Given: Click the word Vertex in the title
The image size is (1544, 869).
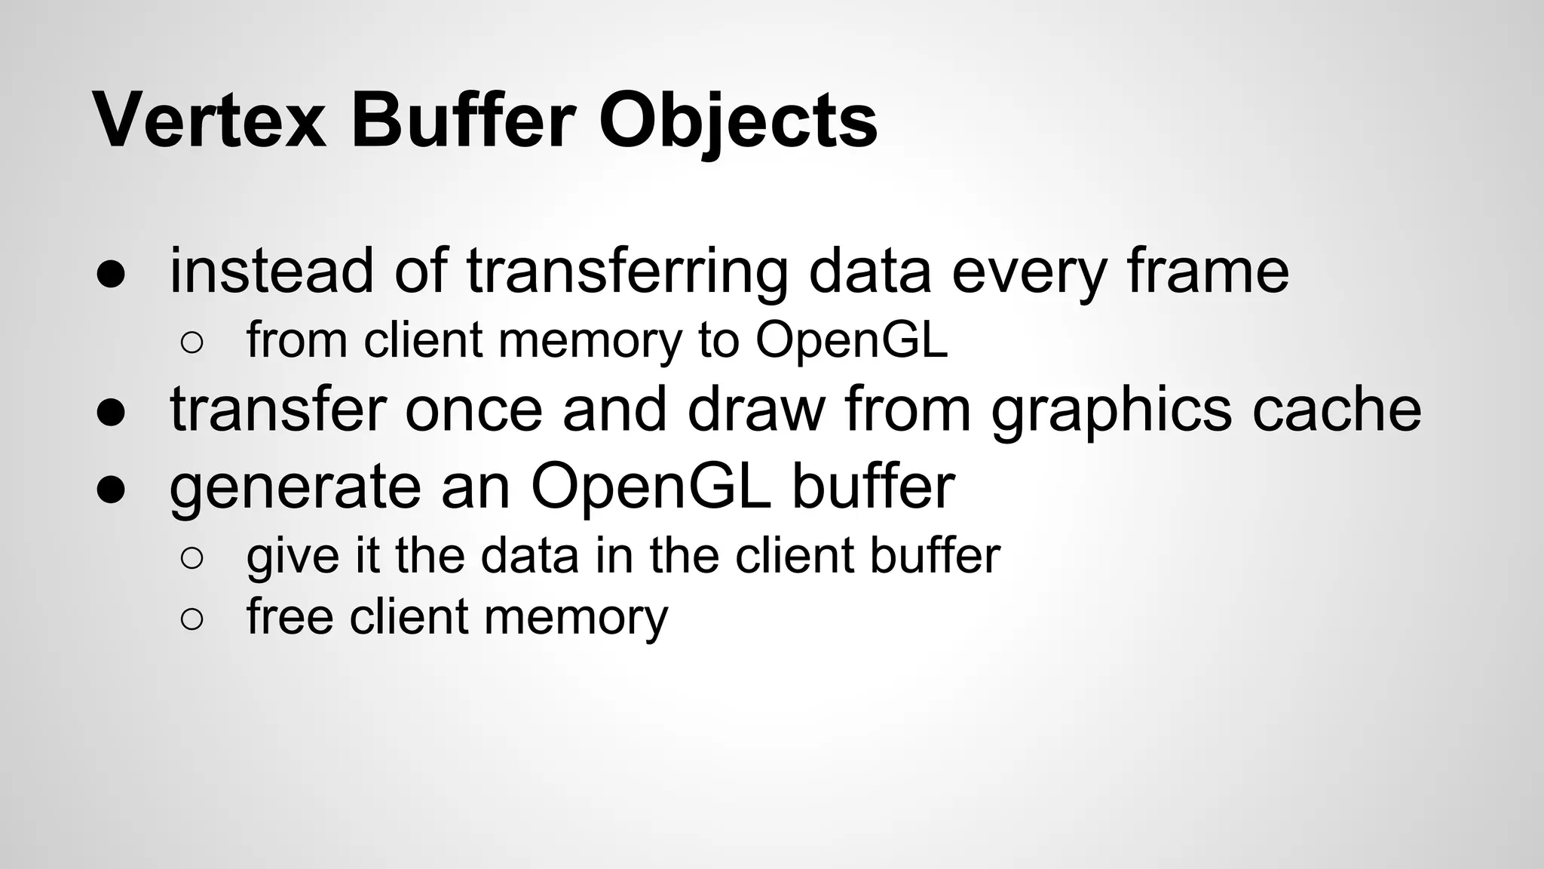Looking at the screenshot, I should (x=210, y=121).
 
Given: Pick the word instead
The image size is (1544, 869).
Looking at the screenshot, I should (x=271, y=271).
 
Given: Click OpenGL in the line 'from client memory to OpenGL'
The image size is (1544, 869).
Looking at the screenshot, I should (x=851, y=340).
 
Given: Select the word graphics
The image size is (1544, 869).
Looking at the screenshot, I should (x=1111, y=410).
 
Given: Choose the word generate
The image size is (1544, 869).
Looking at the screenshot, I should (x=295, y=487).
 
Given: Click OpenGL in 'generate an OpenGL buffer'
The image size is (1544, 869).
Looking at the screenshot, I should (x=651, y=487).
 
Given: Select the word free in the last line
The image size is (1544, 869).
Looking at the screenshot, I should (x=289, y=617).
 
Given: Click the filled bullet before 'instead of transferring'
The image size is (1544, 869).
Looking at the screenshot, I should (x=111, y=274).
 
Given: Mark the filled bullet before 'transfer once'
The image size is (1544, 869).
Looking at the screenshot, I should (x=111, y=413).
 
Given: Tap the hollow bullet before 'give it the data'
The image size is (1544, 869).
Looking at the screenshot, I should (x=191, y=559).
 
